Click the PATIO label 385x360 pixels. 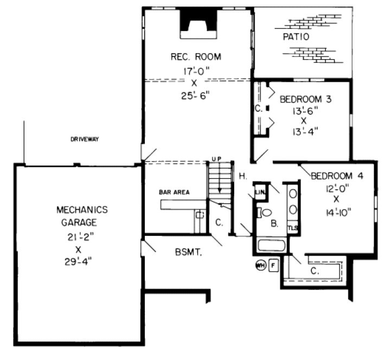(x=296, y=37)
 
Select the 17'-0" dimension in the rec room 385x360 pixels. (x=193, y=70)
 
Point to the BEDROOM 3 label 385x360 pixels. (x=305, y=100)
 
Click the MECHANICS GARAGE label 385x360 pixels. (x=83, y=216)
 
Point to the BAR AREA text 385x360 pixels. (x=174, y=192)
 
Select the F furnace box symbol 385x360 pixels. (x=273, y=266)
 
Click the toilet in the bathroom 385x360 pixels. (x=261, y=212)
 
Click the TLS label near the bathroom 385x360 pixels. (x=293, y=227)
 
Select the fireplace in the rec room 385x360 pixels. (x=198, y=22)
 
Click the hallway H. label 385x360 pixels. (x=243, y=176)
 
